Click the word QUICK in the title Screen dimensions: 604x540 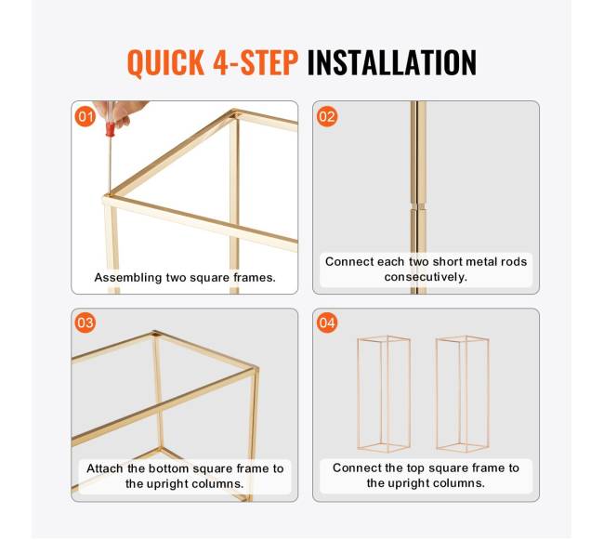(165, 63)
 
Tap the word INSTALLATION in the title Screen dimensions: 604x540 (392, 62)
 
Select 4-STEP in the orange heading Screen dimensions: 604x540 (256, 62)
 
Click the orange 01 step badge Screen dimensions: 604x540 (85, 116)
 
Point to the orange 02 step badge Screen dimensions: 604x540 (327, 116)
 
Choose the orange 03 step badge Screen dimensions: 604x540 (85, 323)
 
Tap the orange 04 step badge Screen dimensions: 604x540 (327, 323)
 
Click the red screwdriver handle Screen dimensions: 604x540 (111, 129)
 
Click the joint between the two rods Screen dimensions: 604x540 (418, 206)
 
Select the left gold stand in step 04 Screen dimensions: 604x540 (384, 394)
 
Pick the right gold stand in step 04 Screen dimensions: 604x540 (462, 394)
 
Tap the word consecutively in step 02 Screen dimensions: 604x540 (426, 277)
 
